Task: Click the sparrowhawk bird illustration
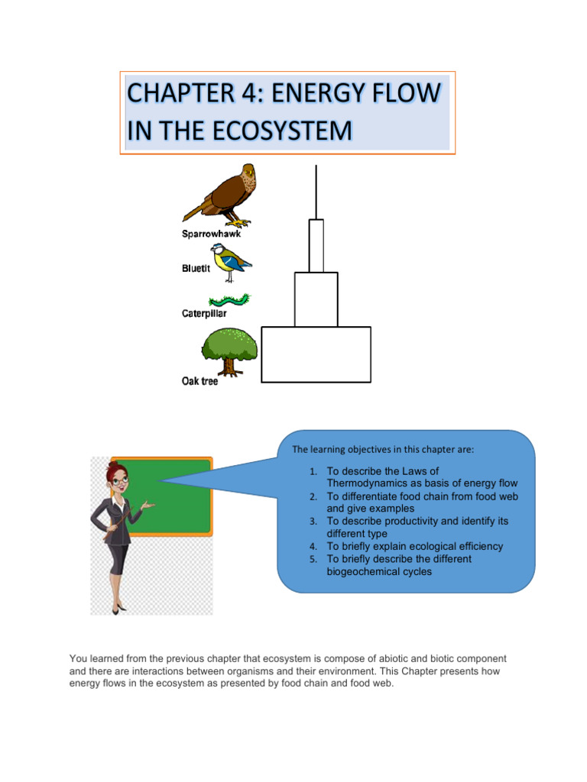pos(225,195)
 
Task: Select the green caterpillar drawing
pos(229,299)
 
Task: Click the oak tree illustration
pos(229,351)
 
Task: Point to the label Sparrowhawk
pos(211,234)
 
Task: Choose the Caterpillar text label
pos(204,313)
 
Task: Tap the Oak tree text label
pos(199,381)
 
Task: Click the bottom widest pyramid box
pos(316,354)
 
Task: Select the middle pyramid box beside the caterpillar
pos(316,299)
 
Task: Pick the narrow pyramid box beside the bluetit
pos(316,245)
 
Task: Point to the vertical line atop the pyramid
pos(316,191)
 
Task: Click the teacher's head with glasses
pos(117,478)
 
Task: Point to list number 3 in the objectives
pos(313,522)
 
